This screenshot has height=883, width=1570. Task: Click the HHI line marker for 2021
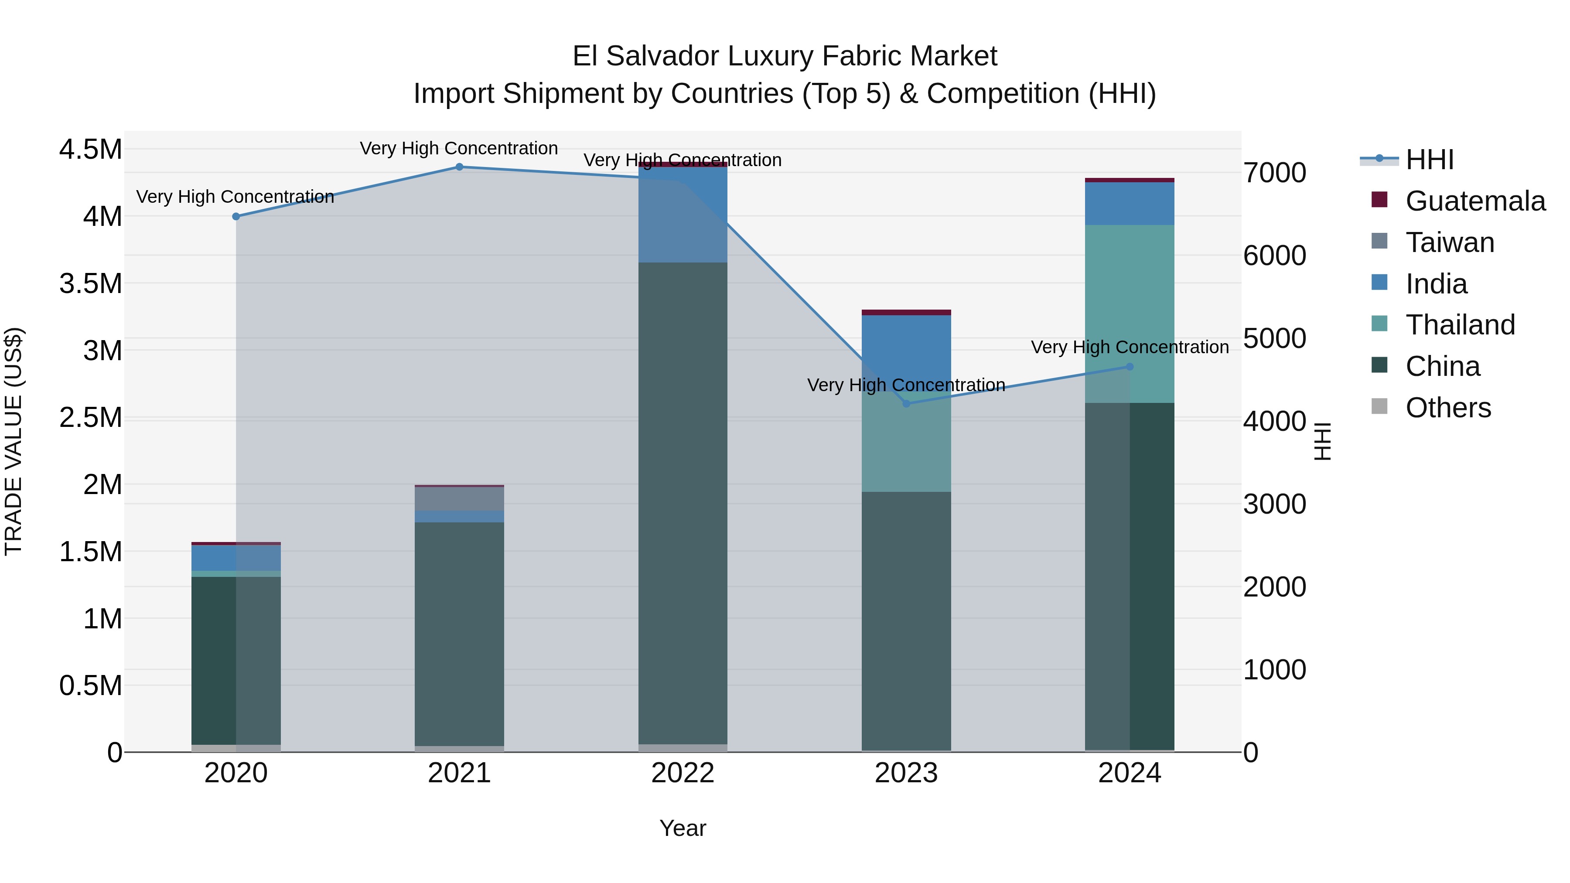(x=460, y=167)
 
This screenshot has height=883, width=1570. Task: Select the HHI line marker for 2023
(x=906, y=403)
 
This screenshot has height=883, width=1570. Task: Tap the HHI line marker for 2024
(x=1130, y=367)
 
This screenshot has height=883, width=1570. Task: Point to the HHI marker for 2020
(x=236, y=216)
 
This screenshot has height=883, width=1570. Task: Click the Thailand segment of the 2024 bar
(x=1130, y=314)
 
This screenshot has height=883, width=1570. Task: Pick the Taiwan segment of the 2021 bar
(x=460, y=498)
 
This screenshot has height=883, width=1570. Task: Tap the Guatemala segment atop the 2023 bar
(x=906, y=313)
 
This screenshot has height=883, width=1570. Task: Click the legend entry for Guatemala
(x=1475, y=201)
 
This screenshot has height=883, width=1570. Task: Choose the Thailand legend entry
(x=1460, y=325)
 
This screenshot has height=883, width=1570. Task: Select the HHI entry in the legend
(x=1429, y=160)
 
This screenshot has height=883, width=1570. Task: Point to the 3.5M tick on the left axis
(x=90, y=284)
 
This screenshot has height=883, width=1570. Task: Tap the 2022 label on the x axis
(x=683, y=773)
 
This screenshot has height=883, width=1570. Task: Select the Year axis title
(x=683, y=828)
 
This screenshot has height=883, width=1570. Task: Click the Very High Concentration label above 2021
(x=459, y=148)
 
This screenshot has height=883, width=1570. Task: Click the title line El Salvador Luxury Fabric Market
(x=785, y=56)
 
